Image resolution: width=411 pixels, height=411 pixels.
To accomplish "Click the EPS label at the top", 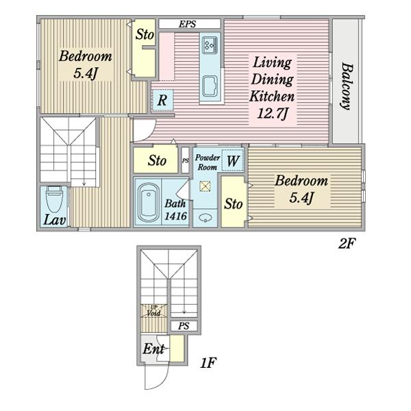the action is tap(188, 24).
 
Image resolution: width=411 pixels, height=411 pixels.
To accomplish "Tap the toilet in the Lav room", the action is tap(54, 199).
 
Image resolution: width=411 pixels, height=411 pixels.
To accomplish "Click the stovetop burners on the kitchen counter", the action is tap(210, 45).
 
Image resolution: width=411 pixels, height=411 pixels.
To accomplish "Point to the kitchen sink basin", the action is tap(210, 86).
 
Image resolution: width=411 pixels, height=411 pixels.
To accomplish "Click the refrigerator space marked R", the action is tap(162, 100).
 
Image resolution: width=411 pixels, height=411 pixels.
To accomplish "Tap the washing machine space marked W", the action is tap(233, 160).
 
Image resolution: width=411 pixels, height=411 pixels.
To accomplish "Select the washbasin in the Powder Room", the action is tap(206, 217).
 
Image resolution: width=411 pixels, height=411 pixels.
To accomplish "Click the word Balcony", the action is tap(347, 86).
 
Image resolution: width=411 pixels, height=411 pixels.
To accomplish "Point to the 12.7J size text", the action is tap(273, 114).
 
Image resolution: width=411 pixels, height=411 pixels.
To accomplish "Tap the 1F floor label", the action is tap(208, 363).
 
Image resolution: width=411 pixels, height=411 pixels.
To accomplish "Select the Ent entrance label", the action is tap(153, 349).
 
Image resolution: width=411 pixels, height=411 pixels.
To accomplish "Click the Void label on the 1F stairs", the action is tap(153, 313).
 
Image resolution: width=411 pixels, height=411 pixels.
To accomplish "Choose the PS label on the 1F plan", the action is tap(184, 326).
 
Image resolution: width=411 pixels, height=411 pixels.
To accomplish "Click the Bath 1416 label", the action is tap(175, 210).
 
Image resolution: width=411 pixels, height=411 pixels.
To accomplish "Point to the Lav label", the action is tap(55, 220).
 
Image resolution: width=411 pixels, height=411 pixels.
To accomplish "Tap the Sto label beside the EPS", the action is tap(145, 34).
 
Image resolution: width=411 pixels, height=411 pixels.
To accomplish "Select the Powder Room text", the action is tap(208, 162).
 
